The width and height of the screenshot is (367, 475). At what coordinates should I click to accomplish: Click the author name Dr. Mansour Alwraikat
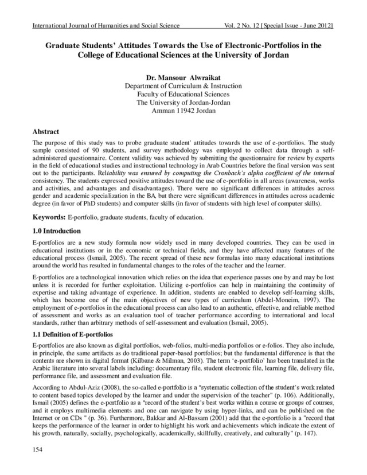[x=183, y=77]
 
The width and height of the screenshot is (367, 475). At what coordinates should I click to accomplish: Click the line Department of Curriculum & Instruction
[x=183, y=86]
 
